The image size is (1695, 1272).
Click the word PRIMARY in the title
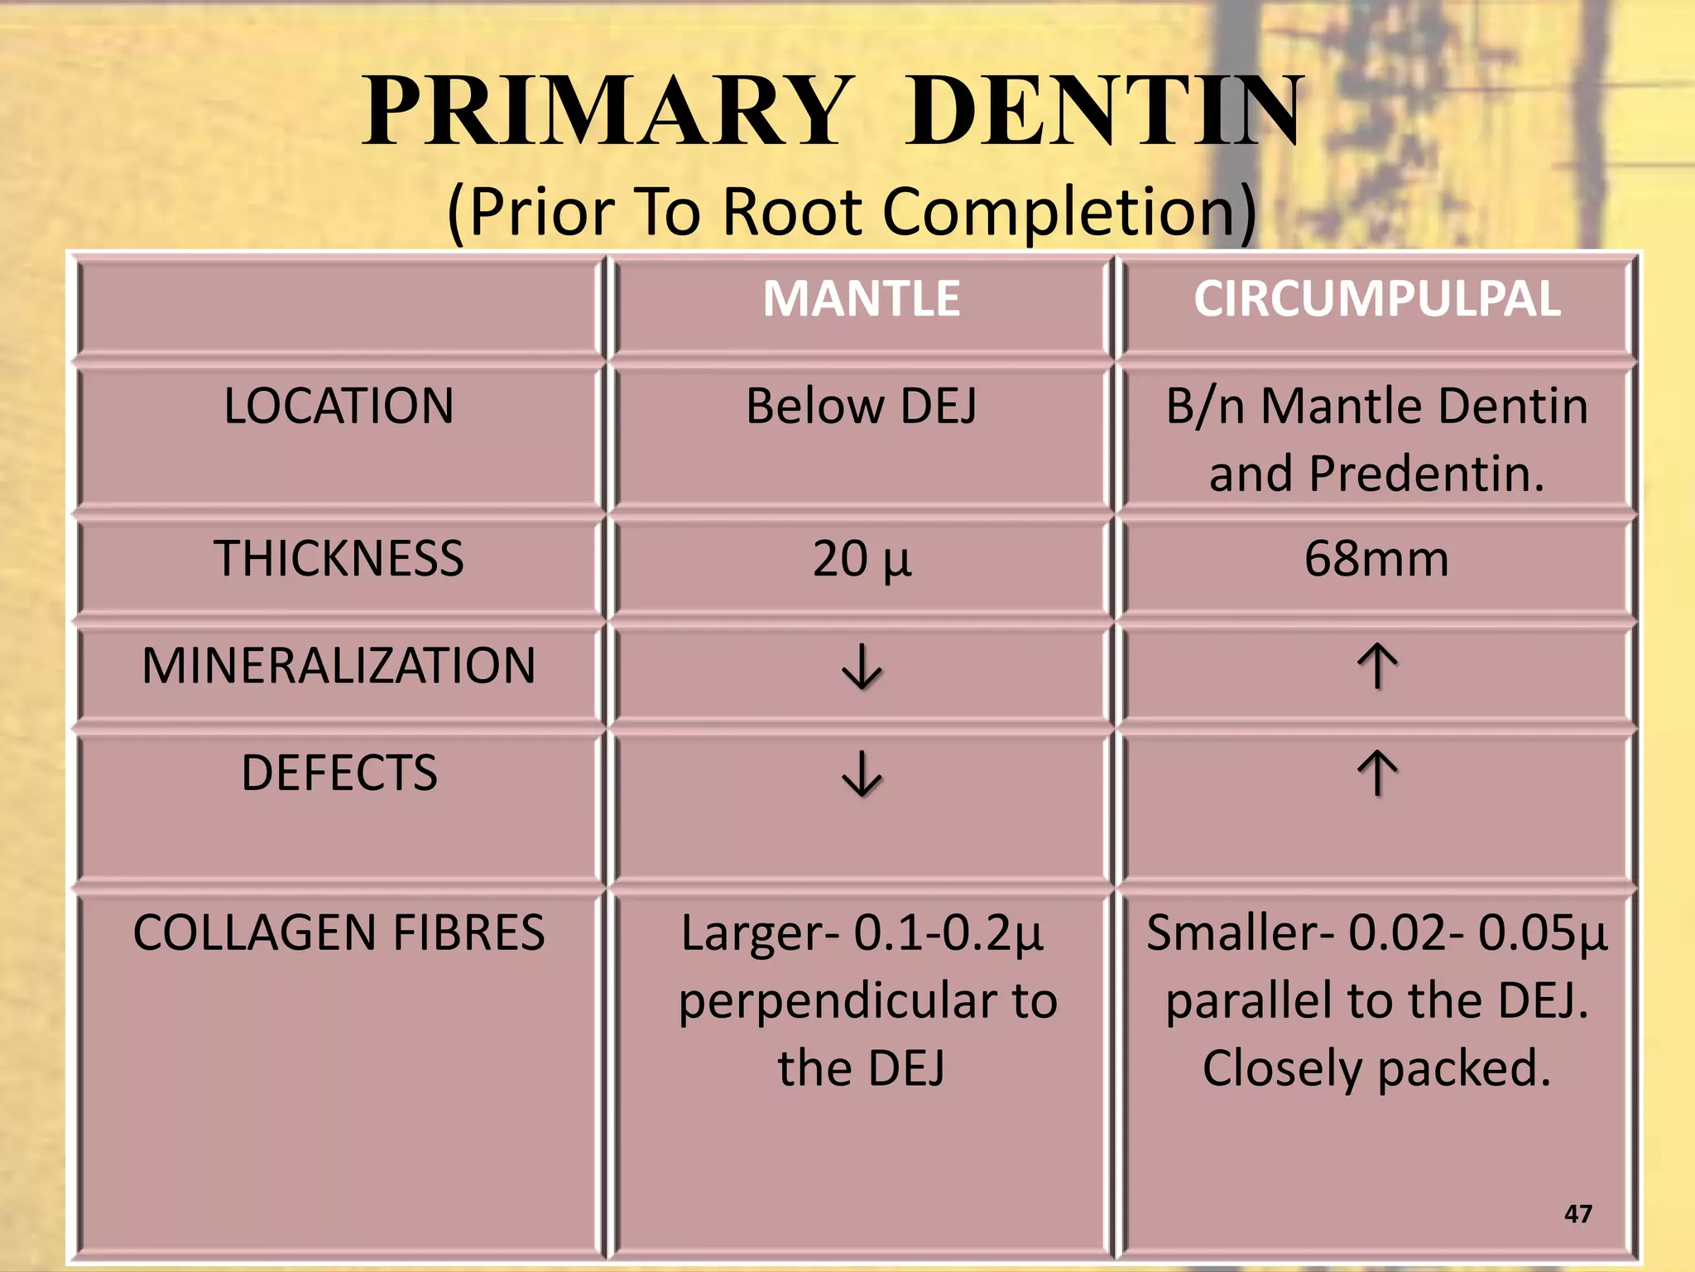coord(608,112)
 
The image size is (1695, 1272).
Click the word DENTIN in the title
coord(1105,112)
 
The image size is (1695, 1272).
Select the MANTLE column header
coord(862,298)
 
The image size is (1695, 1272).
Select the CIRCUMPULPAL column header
coord(1377,298)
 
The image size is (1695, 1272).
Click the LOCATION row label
coord(339,406)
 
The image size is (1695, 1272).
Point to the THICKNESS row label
coord(339,558)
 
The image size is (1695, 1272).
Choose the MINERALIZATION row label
coord(339,665)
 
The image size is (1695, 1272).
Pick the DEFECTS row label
coord(339,773)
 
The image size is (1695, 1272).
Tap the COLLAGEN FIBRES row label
coord(339,932)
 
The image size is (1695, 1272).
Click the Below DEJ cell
coord(862,406)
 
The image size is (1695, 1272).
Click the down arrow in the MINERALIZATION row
coord(862,667)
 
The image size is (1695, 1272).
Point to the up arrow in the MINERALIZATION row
coord(1377,667)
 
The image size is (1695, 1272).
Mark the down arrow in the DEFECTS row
coord(862,773)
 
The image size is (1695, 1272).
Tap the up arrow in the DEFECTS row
coord(1377,773)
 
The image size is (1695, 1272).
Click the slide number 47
coord(1578,1214)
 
